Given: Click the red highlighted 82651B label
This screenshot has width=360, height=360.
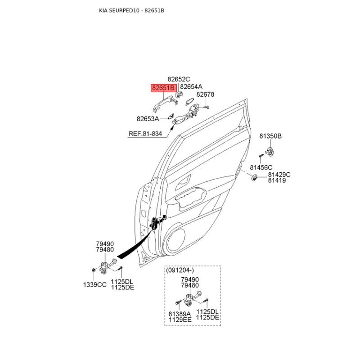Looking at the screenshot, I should (164, 88).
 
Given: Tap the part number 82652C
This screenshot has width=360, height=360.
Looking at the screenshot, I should (179, 79).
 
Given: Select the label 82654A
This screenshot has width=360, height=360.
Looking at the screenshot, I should (191, 87).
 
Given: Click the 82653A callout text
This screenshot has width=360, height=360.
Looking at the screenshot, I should (148, 119).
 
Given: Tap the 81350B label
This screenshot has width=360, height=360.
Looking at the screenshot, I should (270, 135).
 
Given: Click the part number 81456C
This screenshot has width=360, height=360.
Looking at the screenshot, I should (261, 167).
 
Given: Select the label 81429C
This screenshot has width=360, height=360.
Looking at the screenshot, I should (279, 175).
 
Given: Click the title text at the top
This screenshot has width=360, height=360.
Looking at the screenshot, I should (131, 10).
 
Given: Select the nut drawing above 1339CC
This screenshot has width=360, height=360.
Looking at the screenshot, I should (93, 270).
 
